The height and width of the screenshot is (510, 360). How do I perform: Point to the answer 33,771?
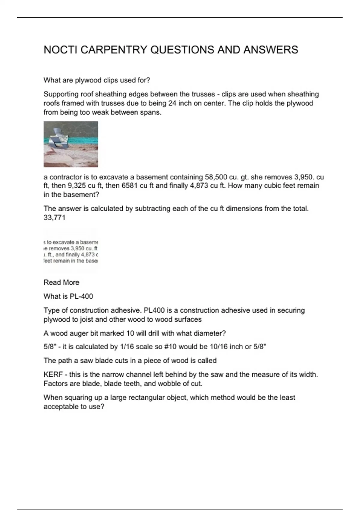[x=54, y=217]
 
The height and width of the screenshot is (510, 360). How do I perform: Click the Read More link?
[x=61, y=282]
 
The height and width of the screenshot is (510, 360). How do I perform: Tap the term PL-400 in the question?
[x=81, y=296]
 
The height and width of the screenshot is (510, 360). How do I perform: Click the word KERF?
[x=53, y=374]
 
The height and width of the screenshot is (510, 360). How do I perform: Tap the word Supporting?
[x=61, y=94]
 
